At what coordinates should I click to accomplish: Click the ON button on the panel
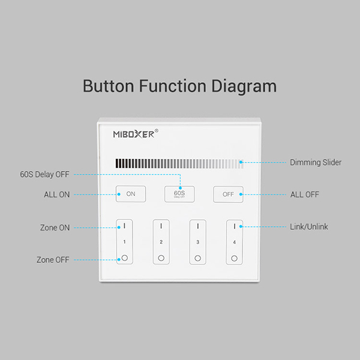(131, 194)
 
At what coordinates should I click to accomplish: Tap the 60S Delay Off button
(179, 194)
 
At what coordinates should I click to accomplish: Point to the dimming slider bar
(179, 163)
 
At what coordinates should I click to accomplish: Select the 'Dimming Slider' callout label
(316, 163)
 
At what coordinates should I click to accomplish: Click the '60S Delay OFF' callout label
(44, 174)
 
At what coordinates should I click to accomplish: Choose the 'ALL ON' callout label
(57, 194)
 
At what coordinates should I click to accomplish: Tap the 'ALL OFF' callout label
(305, 194)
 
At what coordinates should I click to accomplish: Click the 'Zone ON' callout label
(55, 227)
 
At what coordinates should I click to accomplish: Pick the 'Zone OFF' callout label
(53, 260)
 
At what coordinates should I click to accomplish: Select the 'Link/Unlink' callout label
(309, 227)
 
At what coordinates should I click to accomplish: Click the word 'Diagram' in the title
(244, 86)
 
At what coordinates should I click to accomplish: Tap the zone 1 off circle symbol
(125, 258)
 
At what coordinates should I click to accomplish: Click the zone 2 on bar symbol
(161, 226)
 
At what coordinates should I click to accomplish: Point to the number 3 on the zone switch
(197, 242)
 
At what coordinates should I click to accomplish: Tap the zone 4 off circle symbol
(234, 258)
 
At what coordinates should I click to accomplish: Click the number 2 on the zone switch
(161, 242)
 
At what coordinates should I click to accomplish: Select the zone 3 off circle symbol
(197, 258)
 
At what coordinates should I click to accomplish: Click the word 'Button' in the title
(109, 86)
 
